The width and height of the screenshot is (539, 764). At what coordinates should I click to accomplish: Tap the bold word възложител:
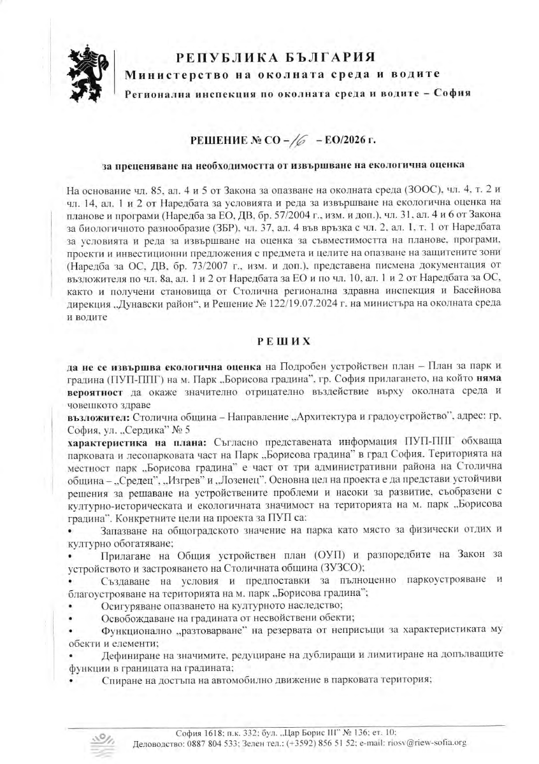(99, 415)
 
